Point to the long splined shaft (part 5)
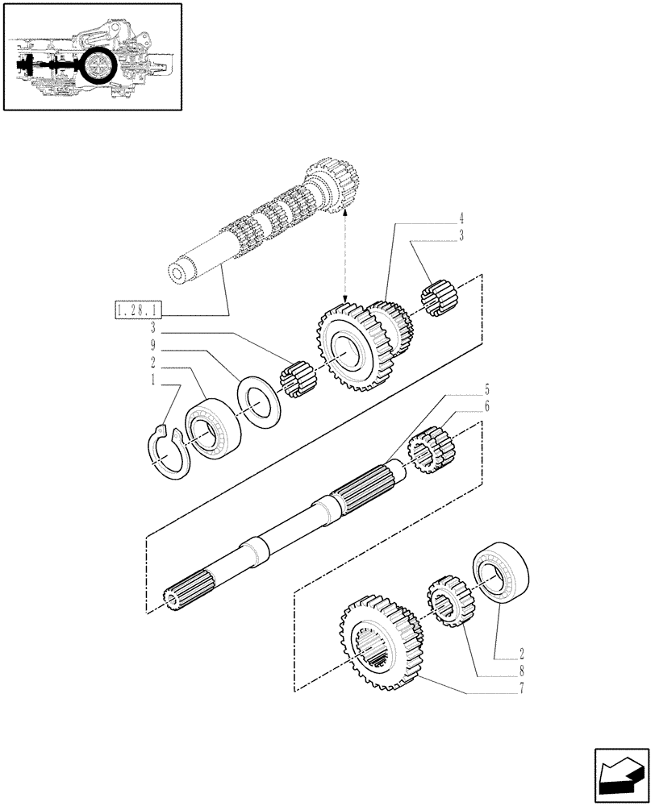pyautogui.click(x=290, y=532)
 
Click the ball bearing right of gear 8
pyautogui.click(x=502, y=574)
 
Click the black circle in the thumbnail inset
pyautogui.click(x=99, y=64)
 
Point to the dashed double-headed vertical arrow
pyautogui.click(x=345, y=254)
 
